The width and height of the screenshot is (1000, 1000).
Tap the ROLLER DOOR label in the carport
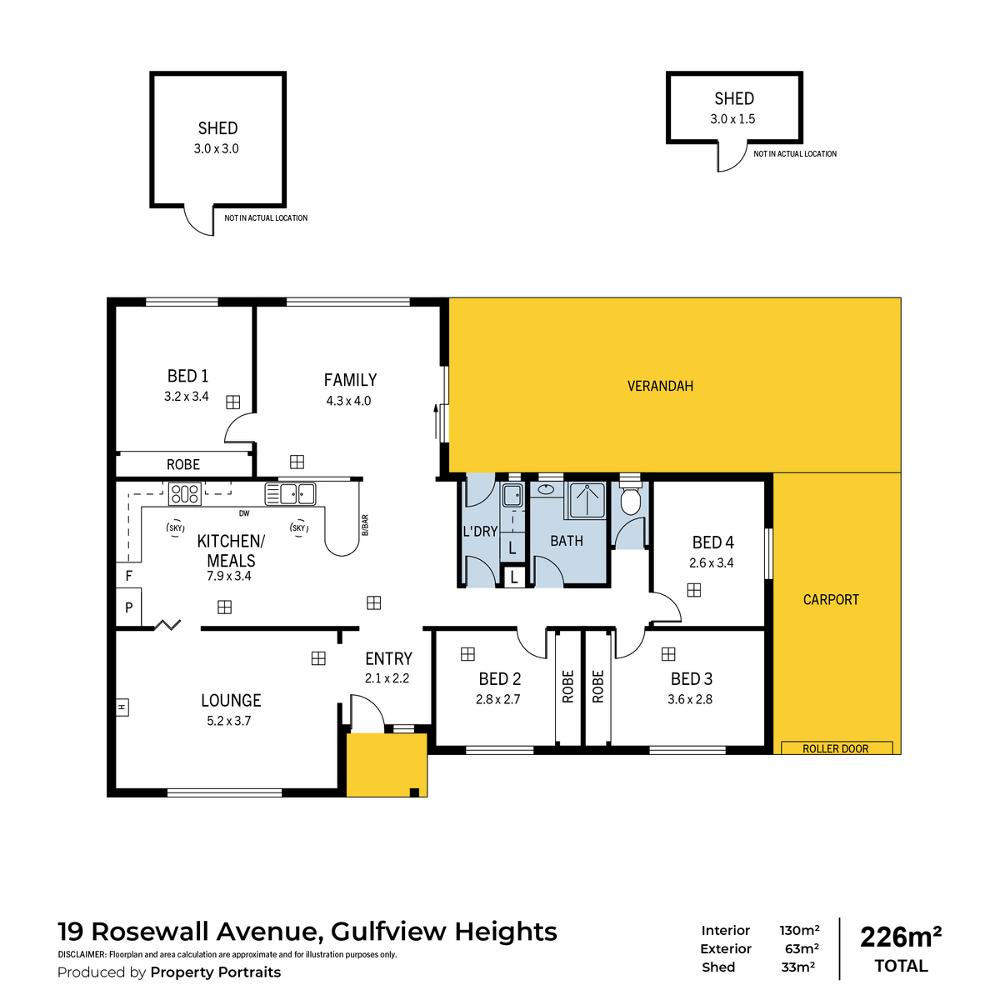(x=835, y=748)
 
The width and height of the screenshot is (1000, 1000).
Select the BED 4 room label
(x=712, y=542)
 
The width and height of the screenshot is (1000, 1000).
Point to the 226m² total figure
(x=901, y=937)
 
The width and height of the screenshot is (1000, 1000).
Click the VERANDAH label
(x=660, y=386)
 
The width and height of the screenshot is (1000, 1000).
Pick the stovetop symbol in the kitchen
(x=184, y=494)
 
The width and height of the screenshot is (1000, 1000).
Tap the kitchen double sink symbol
(x=290, y=493)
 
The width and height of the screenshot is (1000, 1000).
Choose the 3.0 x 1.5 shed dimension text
(x=732, y=119)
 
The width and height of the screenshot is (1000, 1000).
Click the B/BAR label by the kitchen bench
(x=365, y=524)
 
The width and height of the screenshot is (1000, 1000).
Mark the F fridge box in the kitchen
(x=129, y=576)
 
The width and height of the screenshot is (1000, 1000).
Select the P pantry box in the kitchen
(x=129, y=607)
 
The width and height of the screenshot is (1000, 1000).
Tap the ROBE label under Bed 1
(x=183, y=465)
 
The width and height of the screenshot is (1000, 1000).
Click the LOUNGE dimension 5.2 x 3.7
(x=229, y=721)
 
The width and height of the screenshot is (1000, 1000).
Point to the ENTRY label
(x=388, y=659)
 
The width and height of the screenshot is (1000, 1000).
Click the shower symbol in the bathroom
(x=587, y=499)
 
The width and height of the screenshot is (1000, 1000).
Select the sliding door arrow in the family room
(x=435, y=421)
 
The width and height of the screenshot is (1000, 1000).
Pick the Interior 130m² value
(x=799, y=930)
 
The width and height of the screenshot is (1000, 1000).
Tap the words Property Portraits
(x=215, y=972)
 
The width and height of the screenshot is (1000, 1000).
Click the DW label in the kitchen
(x=244, y=513)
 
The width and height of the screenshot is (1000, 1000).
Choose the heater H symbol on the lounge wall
(x=122, y=707)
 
